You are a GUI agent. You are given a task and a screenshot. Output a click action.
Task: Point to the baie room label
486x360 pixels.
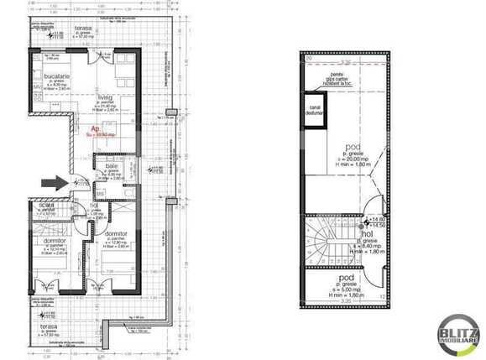coord(111,166)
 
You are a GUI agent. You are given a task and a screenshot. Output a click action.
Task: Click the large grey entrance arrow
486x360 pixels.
coord(51,180)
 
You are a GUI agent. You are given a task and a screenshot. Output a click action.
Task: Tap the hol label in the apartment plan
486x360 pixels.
coord(95,207)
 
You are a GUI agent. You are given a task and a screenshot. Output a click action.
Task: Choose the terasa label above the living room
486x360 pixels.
coord(81,28)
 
